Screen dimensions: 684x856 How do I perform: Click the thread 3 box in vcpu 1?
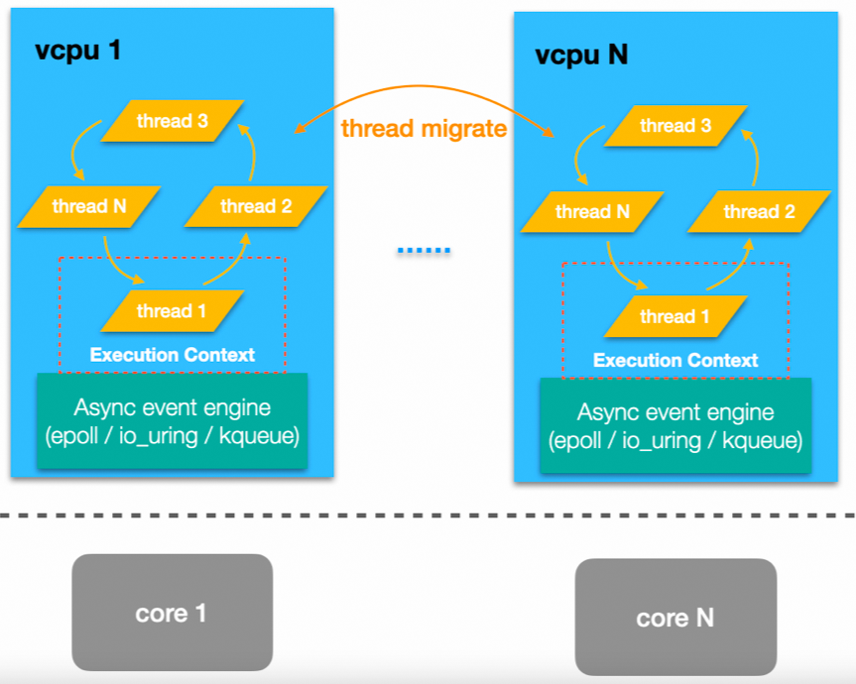[x=173, y=121]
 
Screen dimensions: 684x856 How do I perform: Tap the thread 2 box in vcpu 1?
[x=256, y=206]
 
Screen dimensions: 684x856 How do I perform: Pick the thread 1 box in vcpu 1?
[x=172, y=311]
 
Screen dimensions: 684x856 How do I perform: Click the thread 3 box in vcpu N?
[x=675, y=126]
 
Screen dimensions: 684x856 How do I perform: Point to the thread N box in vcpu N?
[x=592, y=211]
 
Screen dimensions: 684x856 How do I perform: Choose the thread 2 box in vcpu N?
[x=759, y=211]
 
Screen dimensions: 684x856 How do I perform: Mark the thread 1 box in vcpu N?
[x=674, y=316]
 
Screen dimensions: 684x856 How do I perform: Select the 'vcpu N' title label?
[x=581, y=55]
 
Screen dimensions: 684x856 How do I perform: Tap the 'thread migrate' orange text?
[x=424, y=129]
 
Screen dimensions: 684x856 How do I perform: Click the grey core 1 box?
[x=172, y=613]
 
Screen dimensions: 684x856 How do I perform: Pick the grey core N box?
[x=675, y=618]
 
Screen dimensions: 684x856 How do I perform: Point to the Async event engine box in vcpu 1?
[x=173, y=421]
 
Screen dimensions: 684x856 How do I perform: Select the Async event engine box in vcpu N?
[x=675, y=426]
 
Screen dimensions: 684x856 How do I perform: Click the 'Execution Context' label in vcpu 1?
[x=173, y=355]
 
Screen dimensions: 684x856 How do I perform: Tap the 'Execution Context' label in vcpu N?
[x=675, y=360]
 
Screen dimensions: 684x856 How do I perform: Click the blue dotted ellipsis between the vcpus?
[x=424, y=250]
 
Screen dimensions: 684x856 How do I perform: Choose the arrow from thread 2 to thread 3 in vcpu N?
[x=754, y=159]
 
